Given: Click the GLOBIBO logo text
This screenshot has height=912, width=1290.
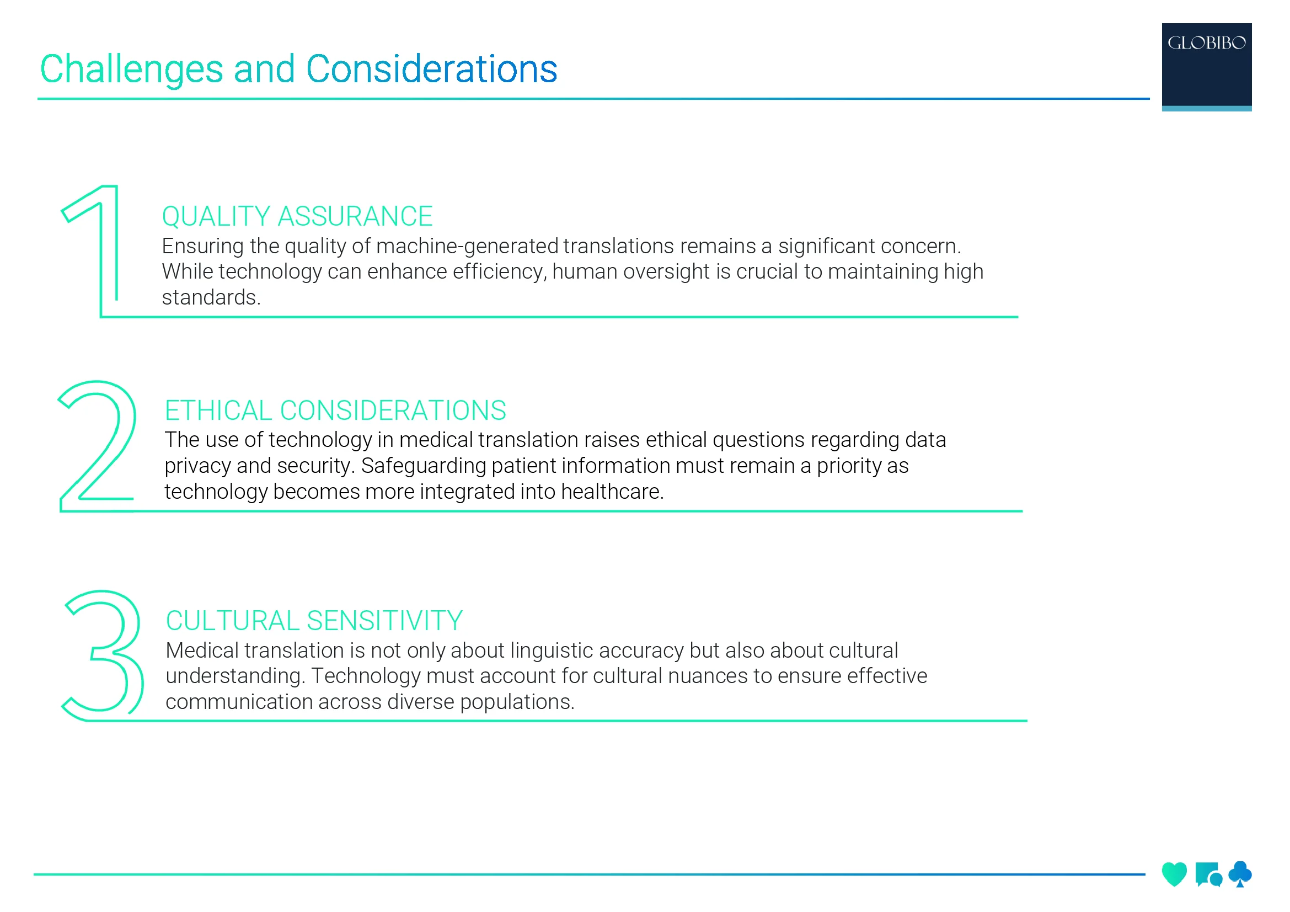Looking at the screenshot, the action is pos(1206,42).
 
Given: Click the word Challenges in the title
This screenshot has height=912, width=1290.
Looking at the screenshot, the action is pos(131,70).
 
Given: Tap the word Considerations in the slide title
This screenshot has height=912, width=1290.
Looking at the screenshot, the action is pos(431,69).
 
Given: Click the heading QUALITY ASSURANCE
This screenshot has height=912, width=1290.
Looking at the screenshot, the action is pos(297,216).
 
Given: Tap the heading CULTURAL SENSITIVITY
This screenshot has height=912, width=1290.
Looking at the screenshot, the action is pos(314,621).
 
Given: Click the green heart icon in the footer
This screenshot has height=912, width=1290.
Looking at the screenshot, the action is pos(1174,874).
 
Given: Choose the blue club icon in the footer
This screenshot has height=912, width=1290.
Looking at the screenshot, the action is pos(1240,874).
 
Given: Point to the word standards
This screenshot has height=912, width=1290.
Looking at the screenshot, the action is pos(211,297).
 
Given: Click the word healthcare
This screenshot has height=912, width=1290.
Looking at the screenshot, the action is pos(612,492).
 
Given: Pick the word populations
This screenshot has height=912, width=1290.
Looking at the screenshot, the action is pos(517,702).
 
